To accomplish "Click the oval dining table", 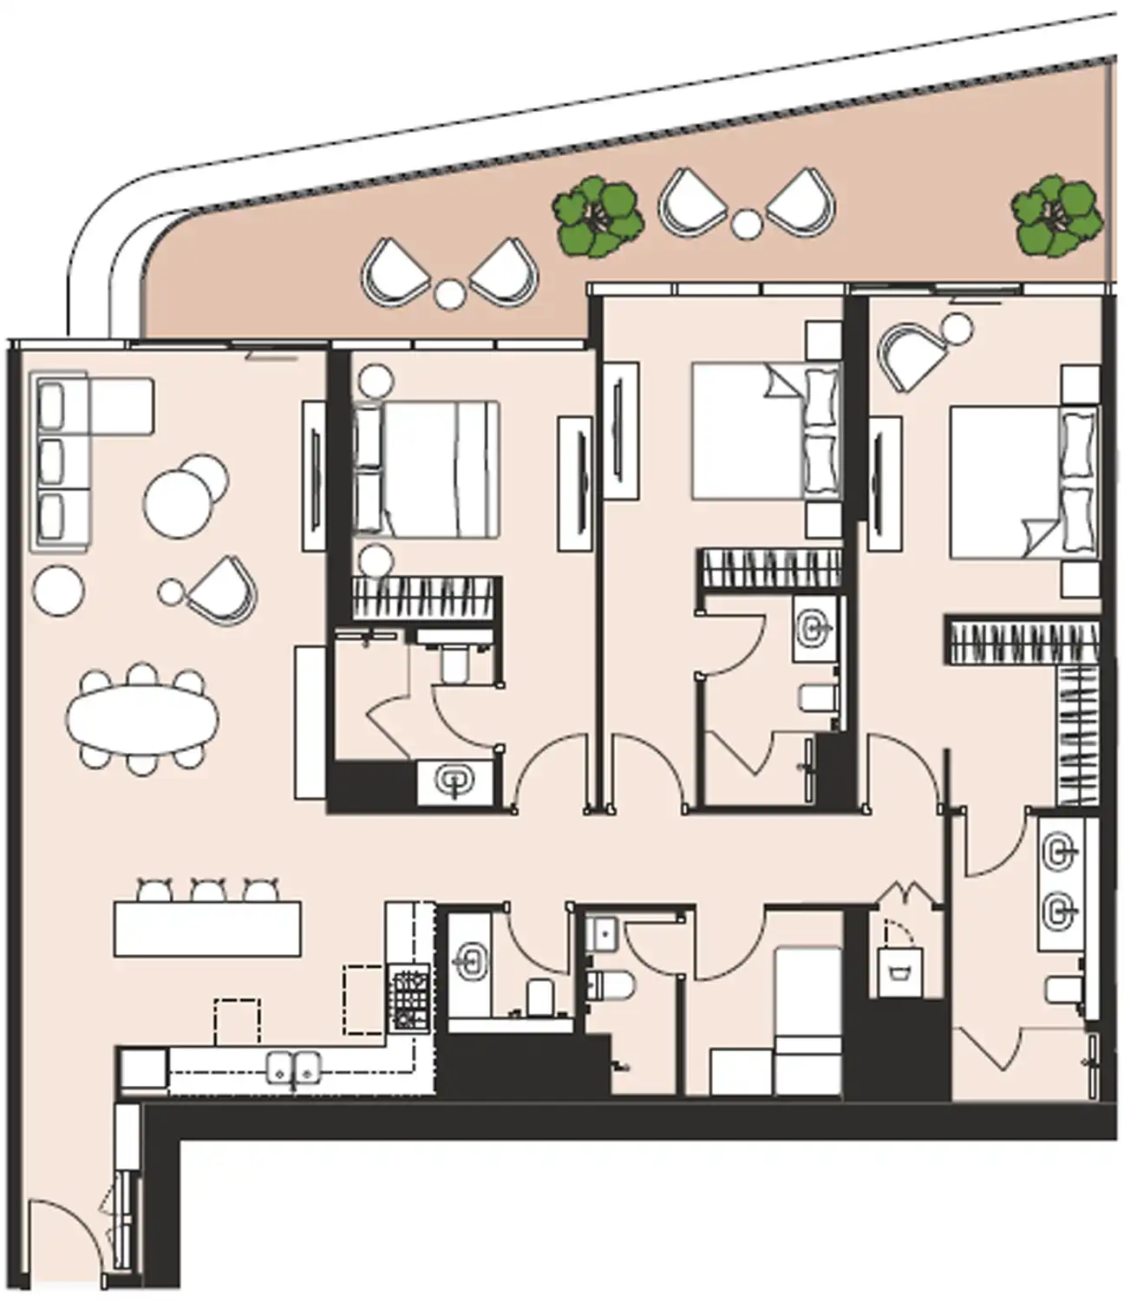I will (x=142, y=720).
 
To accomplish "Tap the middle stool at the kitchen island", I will (x=208, y=891).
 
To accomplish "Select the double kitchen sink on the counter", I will (x=294, y=1068).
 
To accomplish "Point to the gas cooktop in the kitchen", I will (x=410, y=1000).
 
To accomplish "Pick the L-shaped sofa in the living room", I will (x=65, y=460).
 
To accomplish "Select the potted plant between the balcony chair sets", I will (x=598, y=217).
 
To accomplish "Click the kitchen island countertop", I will (x=208, y=930).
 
